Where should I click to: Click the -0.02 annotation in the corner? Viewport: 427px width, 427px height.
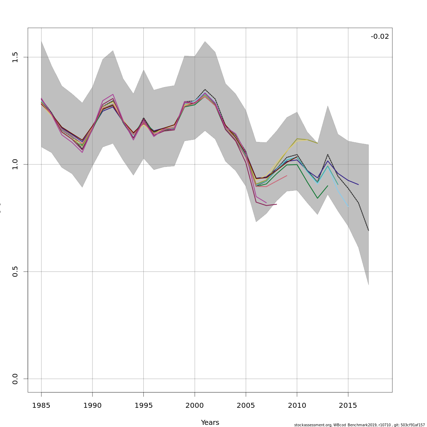tap(380, 37)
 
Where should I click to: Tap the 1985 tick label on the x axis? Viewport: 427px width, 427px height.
tap(41, 405)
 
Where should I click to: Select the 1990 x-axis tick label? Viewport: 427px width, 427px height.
tap(93, 405)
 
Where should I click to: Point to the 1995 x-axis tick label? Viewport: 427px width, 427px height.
tap(143, 405)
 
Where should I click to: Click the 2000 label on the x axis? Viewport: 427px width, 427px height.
tap(195, 405)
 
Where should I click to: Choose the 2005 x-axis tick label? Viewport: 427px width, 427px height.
tap(246, 405)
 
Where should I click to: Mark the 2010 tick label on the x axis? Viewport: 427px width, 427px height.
tap(297, 405)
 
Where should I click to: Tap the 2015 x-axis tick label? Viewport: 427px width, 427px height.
tap(348, 405)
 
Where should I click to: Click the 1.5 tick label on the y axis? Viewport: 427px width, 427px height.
tap(15, 57)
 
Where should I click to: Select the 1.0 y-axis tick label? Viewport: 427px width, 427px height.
tap(15, 164)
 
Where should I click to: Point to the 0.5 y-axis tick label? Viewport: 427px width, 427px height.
tap(15, 272)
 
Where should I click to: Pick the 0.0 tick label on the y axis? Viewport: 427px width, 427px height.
tap(15, 379)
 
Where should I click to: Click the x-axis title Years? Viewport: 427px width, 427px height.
tap(210, 423)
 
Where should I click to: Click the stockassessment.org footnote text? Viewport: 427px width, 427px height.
tap(359, 425)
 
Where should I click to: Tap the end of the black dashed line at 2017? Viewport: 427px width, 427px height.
tap(369, 231)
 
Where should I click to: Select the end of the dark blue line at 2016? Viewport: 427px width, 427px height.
tap(358, 185)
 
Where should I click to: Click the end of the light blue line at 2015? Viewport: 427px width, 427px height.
tap(348, 206)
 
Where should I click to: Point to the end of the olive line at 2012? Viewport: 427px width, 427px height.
tap(317, 143)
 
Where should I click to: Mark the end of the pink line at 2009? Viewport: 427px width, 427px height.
tap(287, 175)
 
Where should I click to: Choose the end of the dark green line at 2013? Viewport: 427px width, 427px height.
tap(328, 185)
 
